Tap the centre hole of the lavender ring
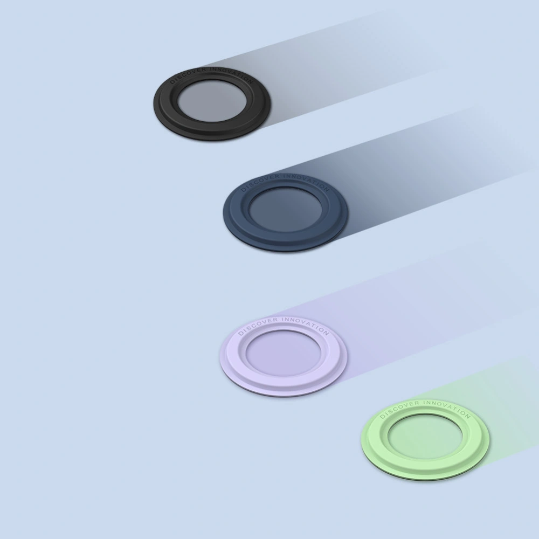click(x=284, y=354)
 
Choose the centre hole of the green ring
click(x=426, y=437)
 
